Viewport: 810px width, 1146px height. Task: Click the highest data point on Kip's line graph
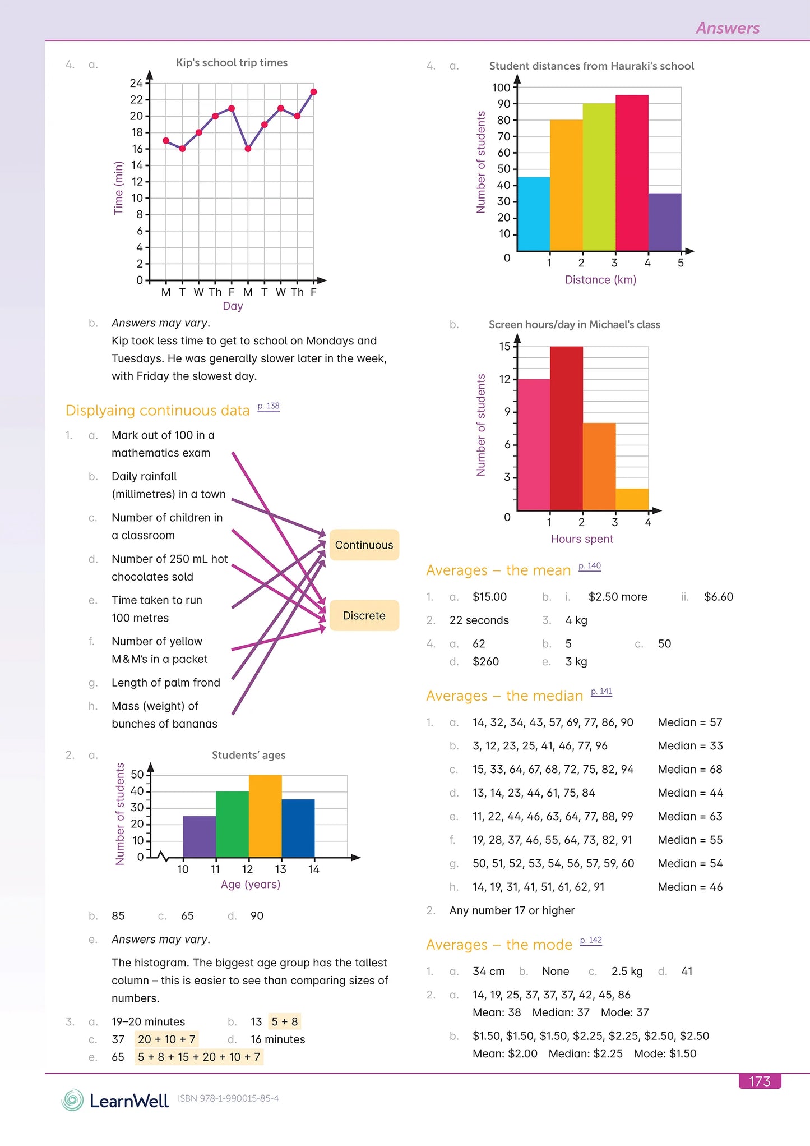pos(313,91)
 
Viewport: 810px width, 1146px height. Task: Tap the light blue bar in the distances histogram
pos(533,214)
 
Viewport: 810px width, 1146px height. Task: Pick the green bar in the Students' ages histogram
pos(232,824)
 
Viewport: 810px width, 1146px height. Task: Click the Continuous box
pos(364,545)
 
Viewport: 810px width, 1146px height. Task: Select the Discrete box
pos(364,615)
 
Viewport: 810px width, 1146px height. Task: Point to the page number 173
pos(760,1081)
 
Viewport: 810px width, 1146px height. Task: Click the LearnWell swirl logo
pos(72,1100)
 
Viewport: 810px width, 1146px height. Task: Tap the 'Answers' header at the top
pos(728,28)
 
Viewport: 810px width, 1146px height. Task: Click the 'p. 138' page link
pos(269,406)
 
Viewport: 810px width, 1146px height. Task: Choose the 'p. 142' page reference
pos(591,940)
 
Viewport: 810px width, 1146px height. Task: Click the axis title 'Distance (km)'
pos(600,279)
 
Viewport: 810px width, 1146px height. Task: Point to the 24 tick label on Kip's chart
pos(136,83)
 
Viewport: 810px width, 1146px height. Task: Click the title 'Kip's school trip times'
pos(232,62)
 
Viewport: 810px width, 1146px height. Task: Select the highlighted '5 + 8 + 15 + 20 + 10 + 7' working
pos(199,1057)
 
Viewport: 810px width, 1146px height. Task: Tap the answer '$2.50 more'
pos(618,597)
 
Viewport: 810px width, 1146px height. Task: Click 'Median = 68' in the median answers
pos(690,769)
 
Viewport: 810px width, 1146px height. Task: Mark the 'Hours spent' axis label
pos(582,539)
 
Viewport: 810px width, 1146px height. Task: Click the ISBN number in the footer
pos(228,1098)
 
